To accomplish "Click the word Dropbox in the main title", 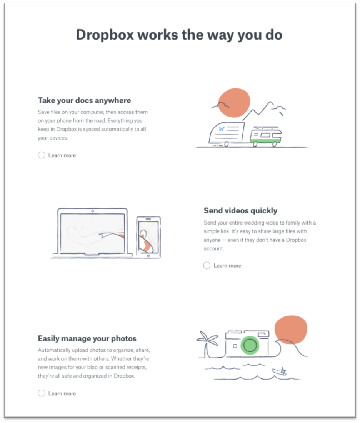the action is [105, 35].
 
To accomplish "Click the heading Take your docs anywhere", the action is [85, 100].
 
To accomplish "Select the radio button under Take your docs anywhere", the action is [42, 155].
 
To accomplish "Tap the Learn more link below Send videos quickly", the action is [227, 266].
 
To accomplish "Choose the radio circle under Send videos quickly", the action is [207, 266].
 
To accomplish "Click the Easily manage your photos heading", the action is [87, 338].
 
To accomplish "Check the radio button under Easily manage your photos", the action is [42, 393].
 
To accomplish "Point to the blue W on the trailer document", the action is [222, 129].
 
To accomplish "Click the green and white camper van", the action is [265, 137].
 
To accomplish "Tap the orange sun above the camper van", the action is [234, 103].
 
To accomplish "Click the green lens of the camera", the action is [250, 345].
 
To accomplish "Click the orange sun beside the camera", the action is [291, 330].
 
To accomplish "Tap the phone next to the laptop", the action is [148, 236].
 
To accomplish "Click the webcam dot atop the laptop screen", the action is [93, 211].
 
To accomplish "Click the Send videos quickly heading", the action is [240, 211].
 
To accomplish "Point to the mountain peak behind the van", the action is [270, 102].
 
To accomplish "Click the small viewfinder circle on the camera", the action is [235, 346].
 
